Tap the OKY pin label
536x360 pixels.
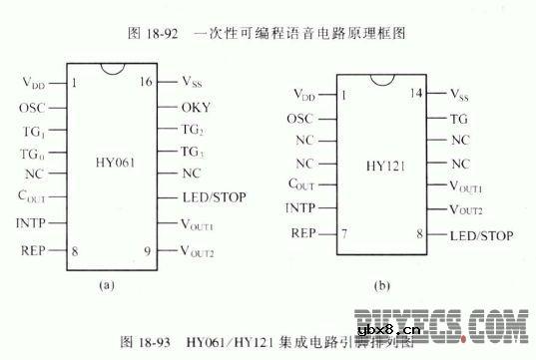tap(195, 106)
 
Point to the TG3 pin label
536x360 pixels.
tap(193, 151)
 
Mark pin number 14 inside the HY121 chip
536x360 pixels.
tap(417, 95)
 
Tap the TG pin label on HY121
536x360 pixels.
tap(459, 118)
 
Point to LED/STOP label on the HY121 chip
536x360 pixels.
tap(480, 235)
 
